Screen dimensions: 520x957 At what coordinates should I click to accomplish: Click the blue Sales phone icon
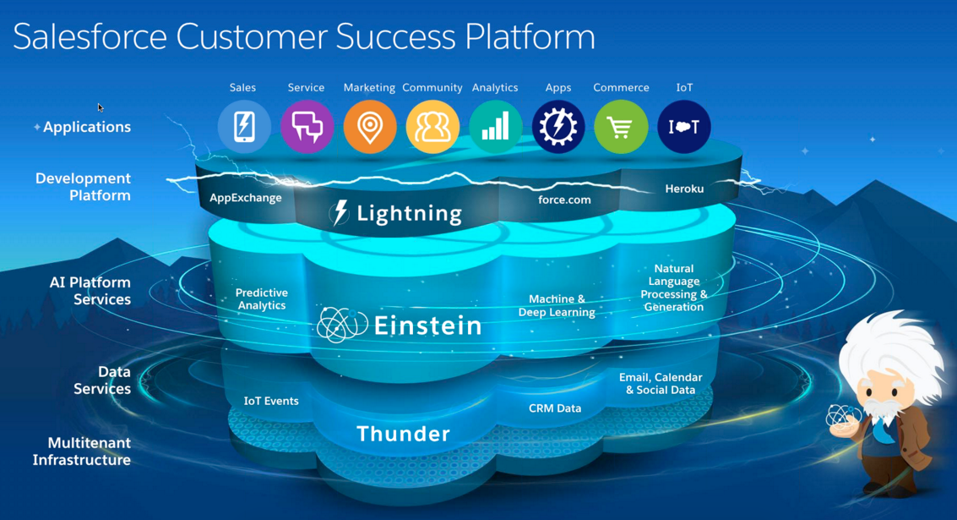[x=244, y=127]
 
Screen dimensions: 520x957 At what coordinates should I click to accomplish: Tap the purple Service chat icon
[x=307, y=127]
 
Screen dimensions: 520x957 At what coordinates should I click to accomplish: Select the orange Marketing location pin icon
[x=369, y=127]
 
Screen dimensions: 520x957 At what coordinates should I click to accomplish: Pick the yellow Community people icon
[x=432, y=127]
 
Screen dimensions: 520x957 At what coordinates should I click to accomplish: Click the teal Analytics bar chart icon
[x=495, y=127]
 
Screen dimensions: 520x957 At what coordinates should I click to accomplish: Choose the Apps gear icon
[x=558, y=127]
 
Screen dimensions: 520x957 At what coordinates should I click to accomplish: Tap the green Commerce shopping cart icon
[x=621, y=127]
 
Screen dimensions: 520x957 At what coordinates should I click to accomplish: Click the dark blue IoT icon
[x=684, y=127]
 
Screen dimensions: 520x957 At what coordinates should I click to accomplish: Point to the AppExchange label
[x=246, y=198]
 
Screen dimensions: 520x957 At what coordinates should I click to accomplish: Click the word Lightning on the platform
[x=409, y=213]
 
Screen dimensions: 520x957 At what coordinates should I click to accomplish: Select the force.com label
[x=564, y=200]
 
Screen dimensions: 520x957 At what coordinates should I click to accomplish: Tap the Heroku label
[x=684, y=189]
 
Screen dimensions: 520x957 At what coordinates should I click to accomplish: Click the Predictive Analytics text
[x=262, y=298]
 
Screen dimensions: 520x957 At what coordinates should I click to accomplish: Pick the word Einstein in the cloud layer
[x=427, y=326]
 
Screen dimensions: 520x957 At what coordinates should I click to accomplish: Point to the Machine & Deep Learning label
[x=557, y=305]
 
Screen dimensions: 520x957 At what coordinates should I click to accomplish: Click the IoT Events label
[x=271, y=401]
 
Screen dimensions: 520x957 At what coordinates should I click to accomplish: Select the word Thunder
[x=403, y=434]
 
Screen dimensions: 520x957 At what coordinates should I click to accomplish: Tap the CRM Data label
[x=555, y=408]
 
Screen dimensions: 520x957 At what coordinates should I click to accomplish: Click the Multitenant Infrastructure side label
[x=82, y=452]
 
